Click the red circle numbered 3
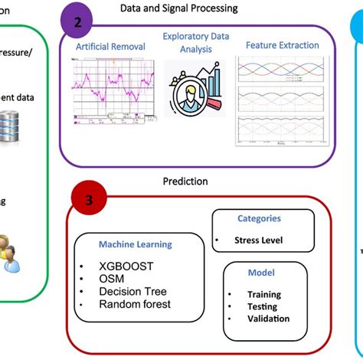click(90, 201)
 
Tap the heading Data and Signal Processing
click(178, 8)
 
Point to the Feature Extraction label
click(282, 45)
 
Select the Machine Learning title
click(135, 244)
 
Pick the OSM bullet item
click(113, 278)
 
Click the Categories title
click(259, 218)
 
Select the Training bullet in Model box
click(263, 295)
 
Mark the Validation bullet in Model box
click(268, 319)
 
